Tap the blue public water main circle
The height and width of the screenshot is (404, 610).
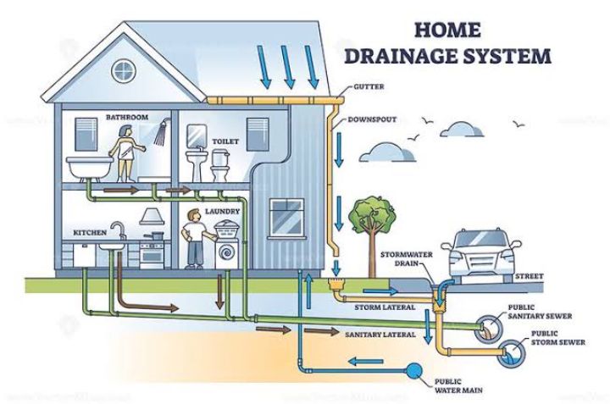tap(413, 369)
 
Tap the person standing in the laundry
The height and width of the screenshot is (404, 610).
tap(195, 240)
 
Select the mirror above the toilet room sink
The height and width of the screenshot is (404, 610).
tap(197, 135)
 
